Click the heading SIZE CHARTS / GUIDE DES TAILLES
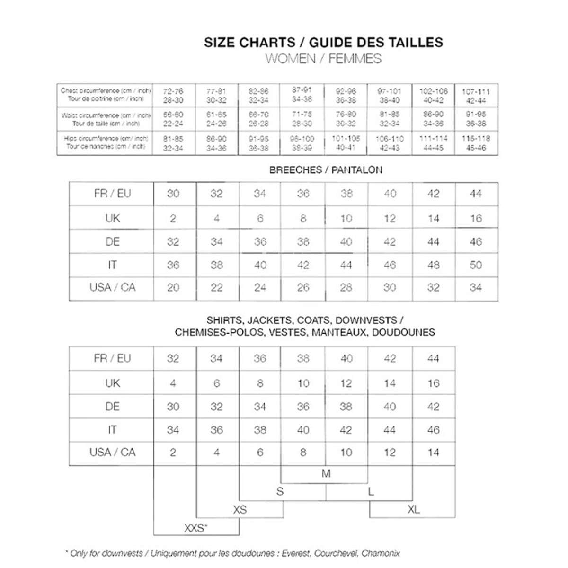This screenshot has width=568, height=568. [x=323, y=43]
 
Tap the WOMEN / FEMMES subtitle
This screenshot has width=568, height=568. [x=323, y=59]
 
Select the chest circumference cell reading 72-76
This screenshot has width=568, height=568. [x=173, y=95]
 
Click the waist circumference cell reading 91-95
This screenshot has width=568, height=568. [x=476, y=119]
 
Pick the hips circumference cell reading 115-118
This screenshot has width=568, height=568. [x=476, y=143]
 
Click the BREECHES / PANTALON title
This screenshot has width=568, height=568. [x=326, y=170]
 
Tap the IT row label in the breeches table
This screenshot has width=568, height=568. [x=112, y=265]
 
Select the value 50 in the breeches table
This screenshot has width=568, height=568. [x=476, y=265]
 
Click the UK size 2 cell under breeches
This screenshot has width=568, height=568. [x=173, y=219]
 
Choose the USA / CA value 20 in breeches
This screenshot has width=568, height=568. [x=173, y=288]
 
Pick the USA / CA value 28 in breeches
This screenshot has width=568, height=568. [x=346, y=288]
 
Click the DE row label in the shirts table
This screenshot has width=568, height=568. [x=112, y=407]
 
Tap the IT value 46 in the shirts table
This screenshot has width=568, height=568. [x=433, y=430]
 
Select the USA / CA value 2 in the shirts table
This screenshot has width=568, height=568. [x=173, y=453]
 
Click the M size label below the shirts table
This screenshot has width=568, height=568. [x=326, y=473]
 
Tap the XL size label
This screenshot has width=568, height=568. [x=413, y=510]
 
